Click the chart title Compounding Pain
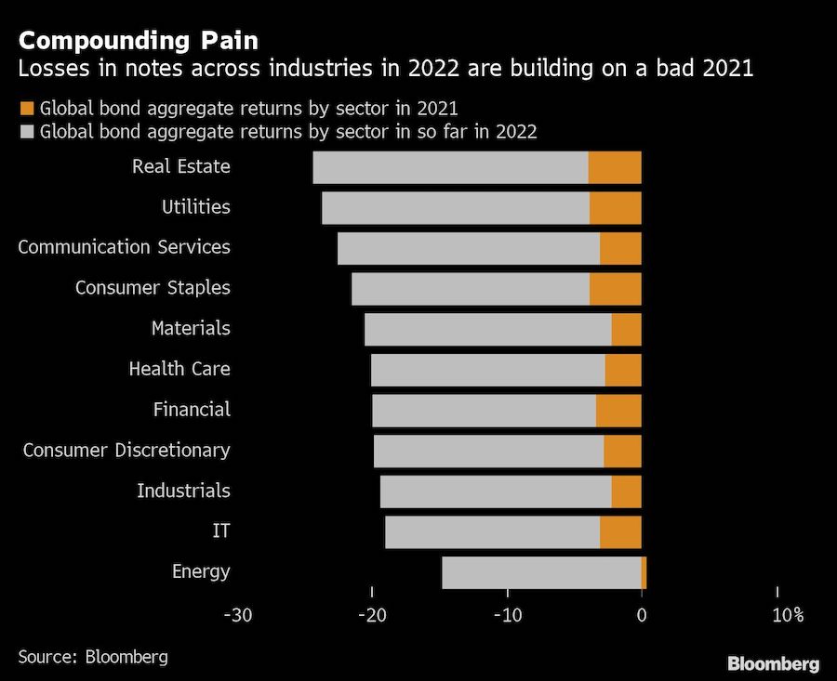coord(139,41)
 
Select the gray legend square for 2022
coord(26,131)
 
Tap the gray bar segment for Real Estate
coord(450,167)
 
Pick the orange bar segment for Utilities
coord(615,207)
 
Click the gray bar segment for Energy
coord(541,572)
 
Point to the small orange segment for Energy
coord(644,572)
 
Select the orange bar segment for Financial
coord(618,410)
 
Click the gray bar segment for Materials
coord(487,329)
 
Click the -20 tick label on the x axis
coord(372,615)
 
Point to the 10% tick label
coord(786,615)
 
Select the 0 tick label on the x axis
coord(641,615)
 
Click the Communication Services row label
coord(124,247)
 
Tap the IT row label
coord(221,531)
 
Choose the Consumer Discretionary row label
coord(126,451)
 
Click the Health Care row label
coord(179,369)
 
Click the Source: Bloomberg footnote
coord(93,657)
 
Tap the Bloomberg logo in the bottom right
coord(773,663)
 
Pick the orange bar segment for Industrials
coord(626,491)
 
